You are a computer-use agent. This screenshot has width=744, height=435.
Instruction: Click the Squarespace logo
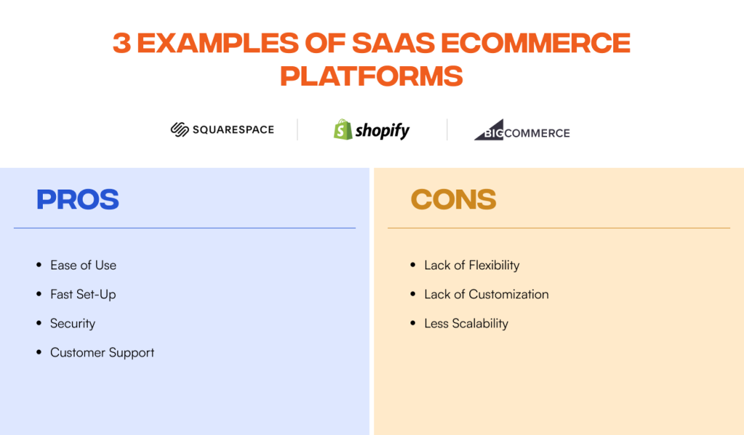point(222,130)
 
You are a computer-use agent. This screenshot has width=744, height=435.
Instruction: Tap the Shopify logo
point(371,130)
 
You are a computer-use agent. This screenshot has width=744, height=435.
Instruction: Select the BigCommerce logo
point(522,131)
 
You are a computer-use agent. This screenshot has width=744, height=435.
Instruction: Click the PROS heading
point(78,199)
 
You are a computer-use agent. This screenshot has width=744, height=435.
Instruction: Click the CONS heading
point(453,199)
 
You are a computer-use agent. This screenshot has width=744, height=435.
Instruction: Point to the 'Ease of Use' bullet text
point(83,265)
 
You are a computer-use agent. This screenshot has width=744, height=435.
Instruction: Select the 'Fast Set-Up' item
point(83,294)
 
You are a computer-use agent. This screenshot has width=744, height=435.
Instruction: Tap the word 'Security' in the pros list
point(73,323)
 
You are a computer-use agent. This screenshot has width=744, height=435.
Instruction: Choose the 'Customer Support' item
point(102,352)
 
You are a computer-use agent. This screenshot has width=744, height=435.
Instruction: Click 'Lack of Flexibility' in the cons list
point(472,265)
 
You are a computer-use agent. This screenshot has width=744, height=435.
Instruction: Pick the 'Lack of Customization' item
point(486,294)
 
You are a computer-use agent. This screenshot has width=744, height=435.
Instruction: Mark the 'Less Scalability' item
point(466,323)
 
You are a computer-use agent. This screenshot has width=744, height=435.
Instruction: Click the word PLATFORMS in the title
point(371,76)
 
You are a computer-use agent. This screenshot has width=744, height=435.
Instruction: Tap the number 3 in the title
point(122,44)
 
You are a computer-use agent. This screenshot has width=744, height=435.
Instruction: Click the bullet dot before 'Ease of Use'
point(39,265)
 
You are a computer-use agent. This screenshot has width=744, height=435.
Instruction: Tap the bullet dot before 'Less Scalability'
point(413,323)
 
